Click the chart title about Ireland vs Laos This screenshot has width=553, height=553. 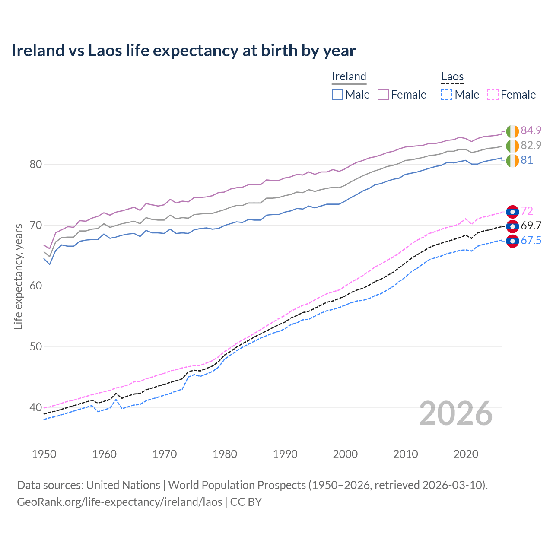pyautogui.click(x=184, y=51)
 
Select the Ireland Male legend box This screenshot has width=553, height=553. pyautogui.click(x=337, y=95)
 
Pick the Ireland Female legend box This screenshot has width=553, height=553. pyautogui.click(x=383, y=95)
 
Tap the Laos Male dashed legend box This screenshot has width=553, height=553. pyautogui.click(x=447, y=95)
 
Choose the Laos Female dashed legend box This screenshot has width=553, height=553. pyautogui.click(x=493, y=95)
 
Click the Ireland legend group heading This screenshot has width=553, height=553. pyautogui.click(x=349, y=77)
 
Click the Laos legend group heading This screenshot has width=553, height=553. pyautogui.click(x=452, y=77)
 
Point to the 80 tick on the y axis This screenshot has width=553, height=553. pyautogui.click(x=36, y=164)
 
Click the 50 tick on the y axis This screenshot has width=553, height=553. pyautogui.click(x=36, y=347)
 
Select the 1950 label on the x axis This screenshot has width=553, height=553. pyautogui.click(x=44, y=454)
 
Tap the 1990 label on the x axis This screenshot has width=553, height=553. pyautogui.click(x=285, y=454)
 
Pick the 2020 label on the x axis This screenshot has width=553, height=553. pyautogui.click(x=466, y=454)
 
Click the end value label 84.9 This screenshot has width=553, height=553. pyautogui.click(x=531, y=130)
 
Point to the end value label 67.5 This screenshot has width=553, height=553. pyautogui.click(x=531, y=241)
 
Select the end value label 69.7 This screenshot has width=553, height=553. pyautogui.click(x=531, y=226)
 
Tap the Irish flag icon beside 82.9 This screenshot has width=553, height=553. pyautogui.click(x=512, y=146)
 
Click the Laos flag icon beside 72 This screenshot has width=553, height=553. pyautogui.click(x=512, y=211)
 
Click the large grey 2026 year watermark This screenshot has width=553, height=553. pyautogui.click(x=456, y=414)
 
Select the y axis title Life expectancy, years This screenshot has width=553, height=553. pyautogui.click(x=18, y=276)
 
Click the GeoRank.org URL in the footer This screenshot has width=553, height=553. pyautogui.click(x=119, y=502)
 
